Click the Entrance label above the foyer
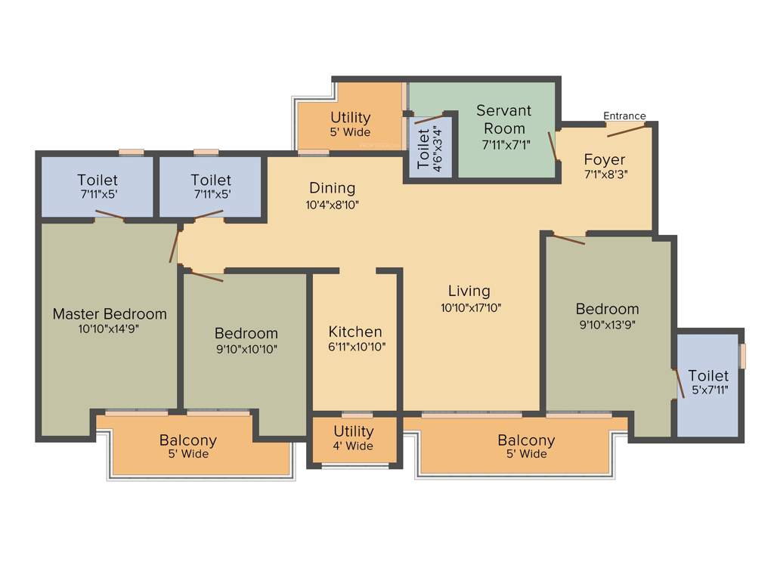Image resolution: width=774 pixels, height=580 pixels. click(624, 116)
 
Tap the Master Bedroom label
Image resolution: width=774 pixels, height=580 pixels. click(110, 313)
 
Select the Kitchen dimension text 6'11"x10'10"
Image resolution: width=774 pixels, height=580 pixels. click(354, 347)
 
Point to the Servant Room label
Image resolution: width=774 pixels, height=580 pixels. click(503, 119)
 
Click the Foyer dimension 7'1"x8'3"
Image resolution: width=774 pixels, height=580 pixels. click(605, 174)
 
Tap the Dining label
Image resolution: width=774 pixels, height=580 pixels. click(332, 188)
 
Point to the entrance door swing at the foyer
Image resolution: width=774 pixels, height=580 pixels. click(627, 130)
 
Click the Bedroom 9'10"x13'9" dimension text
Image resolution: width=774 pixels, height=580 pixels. click(607, 325)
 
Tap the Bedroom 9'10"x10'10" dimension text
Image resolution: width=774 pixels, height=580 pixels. click(246, 349)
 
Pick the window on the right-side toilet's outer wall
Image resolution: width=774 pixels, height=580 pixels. click(742, 356)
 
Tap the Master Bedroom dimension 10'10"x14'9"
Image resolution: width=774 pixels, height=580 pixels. click(110, 329)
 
